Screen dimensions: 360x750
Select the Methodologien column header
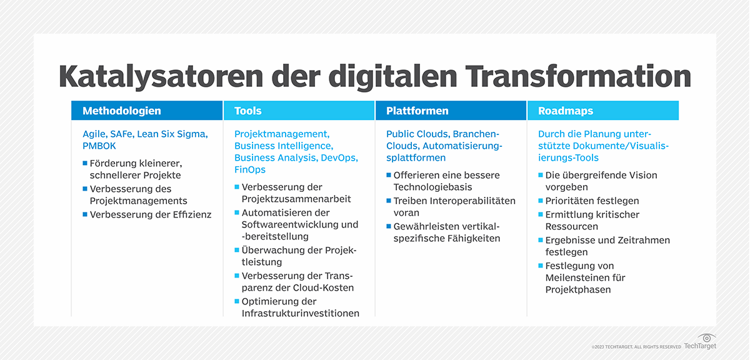122,111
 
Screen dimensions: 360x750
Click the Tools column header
248,111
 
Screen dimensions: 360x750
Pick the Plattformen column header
417,111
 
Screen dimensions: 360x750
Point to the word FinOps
250,169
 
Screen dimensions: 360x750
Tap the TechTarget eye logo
706,337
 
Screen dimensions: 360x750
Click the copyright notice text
636,347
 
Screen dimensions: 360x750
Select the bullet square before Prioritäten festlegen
541,201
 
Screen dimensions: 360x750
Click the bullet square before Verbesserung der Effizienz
85,214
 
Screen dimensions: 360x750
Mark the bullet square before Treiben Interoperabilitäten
389,201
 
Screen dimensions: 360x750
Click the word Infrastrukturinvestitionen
301,313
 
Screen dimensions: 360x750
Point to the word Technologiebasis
432,187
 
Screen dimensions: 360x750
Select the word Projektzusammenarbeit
296,199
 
